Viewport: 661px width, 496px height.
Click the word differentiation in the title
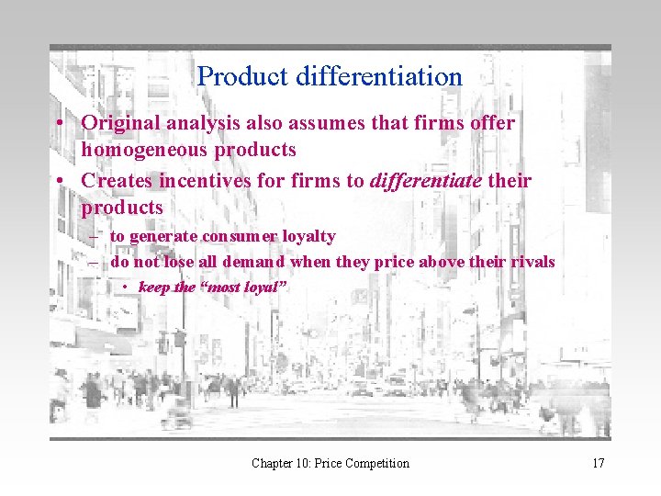pyautogui.click(x=379, y=76)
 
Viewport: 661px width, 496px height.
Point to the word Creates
pyautogui.click(x=115, y=180)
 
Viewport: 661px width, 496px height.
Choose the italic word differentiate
pyautogui.click(x=425, y=180)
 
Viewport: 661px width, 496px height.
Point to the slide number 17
pyautogui.click(x=598, y=463)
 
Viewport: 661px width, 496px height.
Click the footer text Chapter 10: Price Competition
pyautogui.click(x=330, y=463)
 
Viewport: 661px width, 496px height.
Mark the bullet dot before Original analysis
pyautogui.click(x=58, y=123)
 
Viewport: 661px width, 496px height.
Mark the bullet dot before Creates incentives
pyautogui.click(x=58, y=181)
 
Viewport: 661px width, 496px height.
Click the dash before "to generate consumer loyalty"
pyautogui.click(x=94, y=237)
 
